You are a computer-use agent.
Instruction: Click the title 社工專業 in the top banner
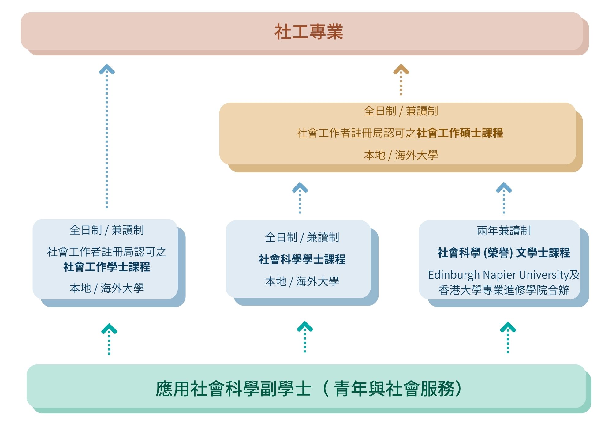(308, 32)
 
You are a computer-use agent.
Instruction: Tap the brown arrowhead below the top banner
(401, 70)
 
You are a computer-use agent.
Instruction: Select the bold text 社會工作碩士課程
(460, 133)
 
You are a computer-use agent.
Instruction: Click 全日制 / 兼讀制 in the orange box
(401, 111)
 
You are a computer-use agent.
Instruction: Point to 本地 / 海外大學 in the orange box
(401, 155)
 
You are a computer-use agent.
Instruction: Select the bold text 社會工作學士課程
(107, 267)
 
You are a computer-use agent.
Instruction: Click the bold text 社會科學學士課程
(302, 259)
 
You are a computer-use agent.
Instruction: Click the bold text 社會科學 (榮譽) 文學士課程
(504, 253)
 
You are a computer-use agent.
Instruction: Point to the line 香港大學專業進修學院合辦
(504, 290)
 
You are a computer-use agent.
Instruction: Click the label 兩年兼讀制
(504, 231)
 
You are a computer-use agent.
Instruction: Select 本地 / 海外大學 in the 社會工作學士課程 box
(107, 288)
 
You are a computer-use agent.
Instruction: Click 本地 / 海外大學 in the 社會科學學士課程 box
(302, 281)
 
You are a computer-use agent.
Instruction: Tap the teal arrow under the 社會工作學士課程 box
(109, 329)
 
